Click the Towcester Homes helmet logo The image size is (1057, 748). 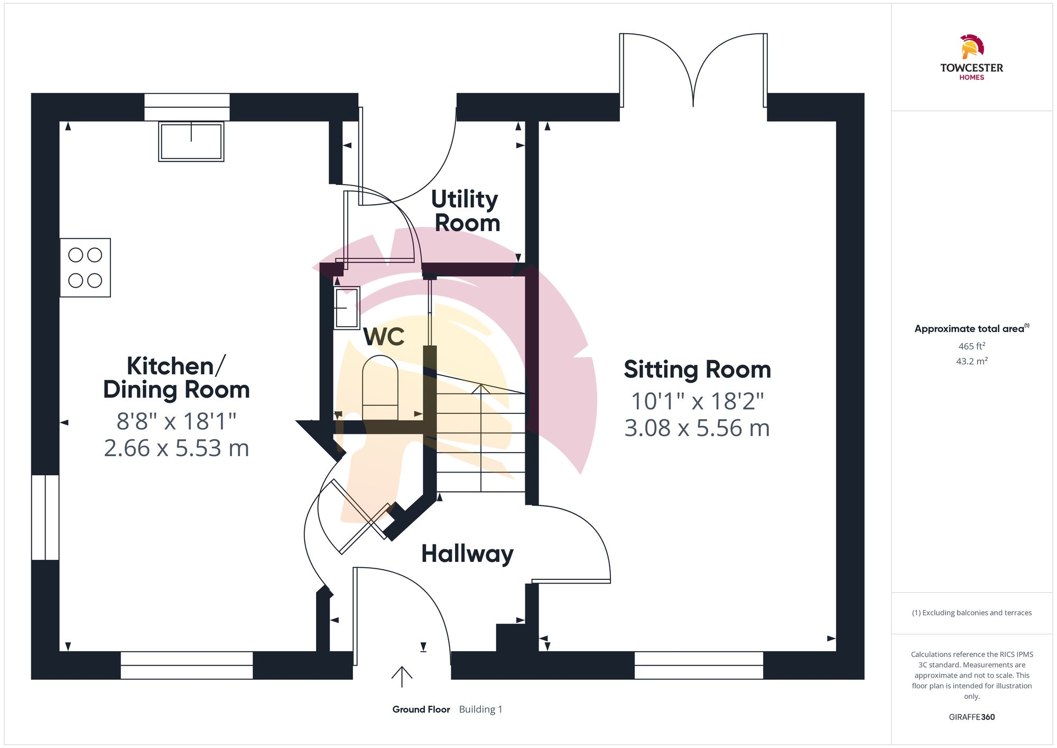pos(971,47)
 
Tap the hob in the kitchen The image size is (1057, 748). pos(85,267)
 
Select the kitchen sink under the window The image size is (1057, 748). pos(191,141)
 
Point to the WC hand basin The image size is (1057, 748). pos(347,308)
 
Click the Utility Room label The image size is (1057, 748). pos(466,211)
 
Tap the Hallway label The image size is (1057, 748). pos(467,553)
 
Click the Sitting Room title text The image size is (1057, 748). pos(697,369)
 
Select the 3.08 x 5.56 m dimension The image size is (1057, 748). pos(697,428)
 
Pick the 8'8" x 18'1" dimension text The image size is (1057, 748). pos(176,421)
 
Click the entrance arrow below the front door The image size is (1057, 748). pos(402,676)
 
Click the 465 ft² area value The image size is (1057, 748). pos(971,346)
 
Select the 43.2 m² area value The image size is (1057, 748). pos(971,361)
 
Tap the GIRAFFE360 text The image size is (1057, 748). pos(971,717)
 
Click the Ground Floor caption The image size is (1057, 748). pos(421,709)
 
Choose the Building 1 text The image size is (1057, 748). pos(480,709)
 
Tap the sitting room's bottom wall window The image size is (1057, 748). pos(699,665)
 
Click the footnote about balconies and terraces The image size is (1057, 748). pos(971,613)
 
